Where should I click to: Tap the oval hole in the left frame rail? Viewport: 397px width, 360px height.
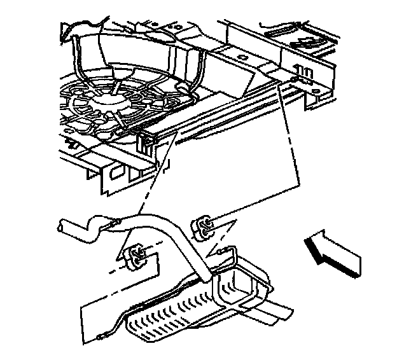point(116,172)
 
